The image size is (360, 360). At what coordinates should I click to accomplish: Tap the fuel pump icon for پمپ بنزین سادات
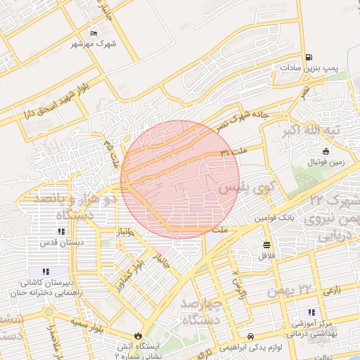click(x=308, y=58)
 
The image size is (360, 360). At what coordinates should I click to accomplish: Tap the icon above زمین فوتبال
click(x=325, y=151)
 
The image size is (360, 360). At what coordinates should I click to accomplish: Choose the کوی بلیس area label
click(x=243, y=188)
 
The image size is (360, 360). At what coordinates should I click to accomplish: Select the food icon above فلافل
click(x=266, y=245)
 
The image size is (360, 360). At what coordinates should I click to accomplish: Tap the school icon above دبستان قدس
click(x=61, y=231)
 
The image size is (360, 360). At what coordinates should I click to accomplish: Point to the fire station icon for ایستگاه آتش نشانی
click(x=138, y=335)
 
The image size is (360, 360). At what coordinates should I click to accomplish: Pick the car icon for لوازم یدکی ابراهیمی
click(x=251, y=336)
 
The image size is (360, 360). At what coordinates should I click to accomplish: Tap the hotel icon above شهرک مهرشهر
click(x=94, y=32)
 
